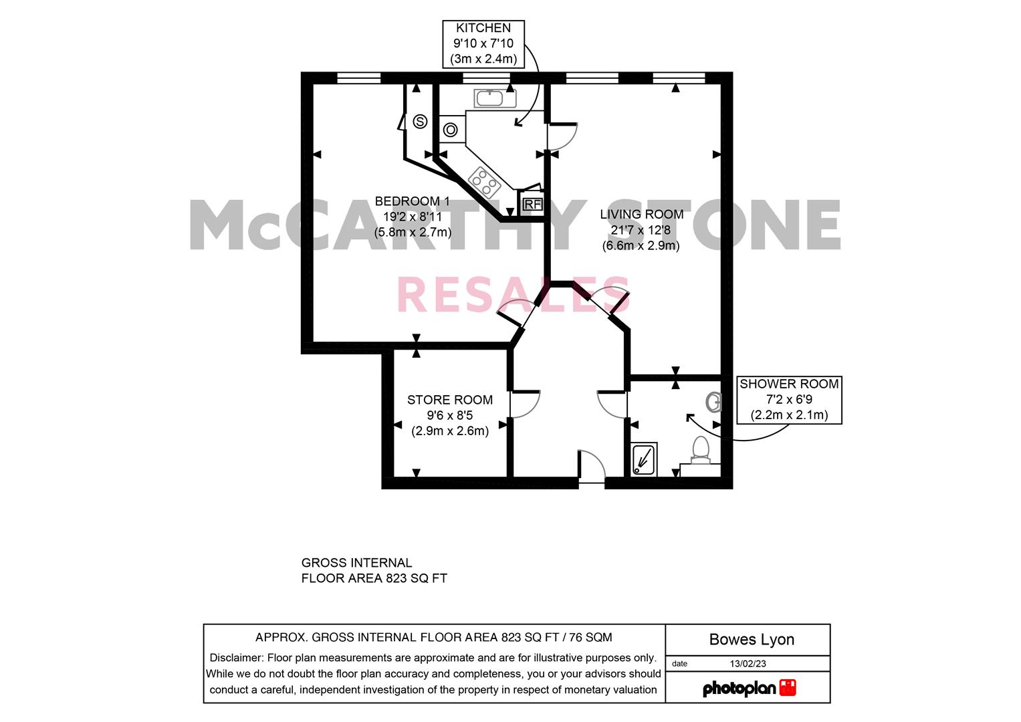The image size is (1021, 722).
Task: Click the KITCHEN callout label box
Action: [483, 43]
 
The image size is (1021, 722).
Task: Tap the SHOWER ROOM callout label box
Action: [788, 400]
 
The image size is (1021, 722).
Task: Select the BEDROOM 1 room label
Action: [412, 217]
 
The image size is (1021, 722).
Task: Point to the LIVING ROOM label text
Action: [641, 229]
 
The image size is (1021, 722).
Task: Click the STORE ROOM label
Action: [449, 415]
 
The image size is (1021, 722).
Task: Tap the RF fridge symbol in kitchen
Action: [532, 204]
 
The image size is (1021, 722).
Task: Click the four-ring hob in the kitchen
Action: [484, 180]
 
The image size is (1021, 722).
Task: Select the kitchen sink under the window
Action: [495, 98]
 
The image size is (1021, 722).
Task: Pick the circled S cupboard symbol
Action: [420, 122]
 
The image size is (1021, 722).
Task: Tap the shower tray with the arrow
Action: [645, 460]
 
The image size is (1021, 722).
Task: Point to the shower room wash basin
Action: [714, 402]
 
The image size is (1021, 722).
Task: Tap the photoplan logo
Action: [749, 688]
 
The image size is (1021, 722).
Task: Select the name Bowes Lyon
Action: [752, 640]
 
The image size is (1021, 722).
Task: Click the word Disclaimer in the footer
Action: [236, 658]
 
